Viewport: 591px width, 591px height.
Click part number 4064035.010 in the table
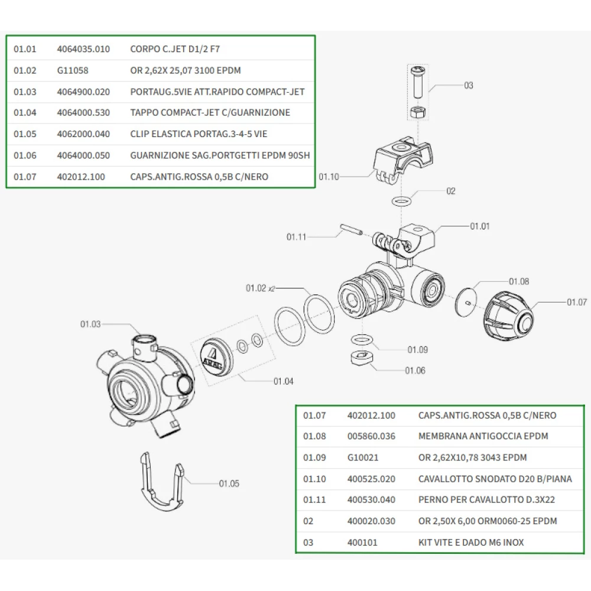pyautogui.click(x=83, y=49)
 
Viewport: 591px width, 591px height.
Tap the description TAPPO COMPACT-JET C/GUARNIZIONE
pyautogui.click(x=210, y=112)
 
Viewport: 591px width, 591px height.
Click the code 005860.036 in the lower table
pyautogui.click(x=371, y=436)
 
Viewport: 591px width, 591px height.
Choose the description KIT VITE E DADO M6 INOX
pyautogui.click(x=470, y=542)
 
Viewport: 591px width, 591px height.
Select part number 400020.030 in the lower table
pyautogui.click(x=371, y=521)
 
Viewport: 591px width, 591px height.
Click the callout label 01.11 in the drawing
pyautogui.click(x=297, y=237)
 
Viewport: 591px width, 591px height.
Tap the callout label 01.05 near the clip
pyautogui.click(x=229, y=483)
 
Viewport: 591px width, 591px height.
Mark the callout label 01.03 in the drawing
pyautogui.click(x=90, y=324)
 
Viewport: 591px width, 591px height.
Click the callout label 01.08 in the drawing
pyautogui.click(x=518, y=281)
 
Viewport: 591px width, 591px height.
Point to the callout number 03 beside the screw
pyautogui.click(x=468, y=86)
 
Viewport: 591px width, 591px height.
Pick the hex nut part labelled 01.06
pyautogui.click(x=359, y=359)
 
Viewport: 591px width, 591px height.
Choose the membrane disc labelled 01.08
pyautogui.click(x=467, y=301)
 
